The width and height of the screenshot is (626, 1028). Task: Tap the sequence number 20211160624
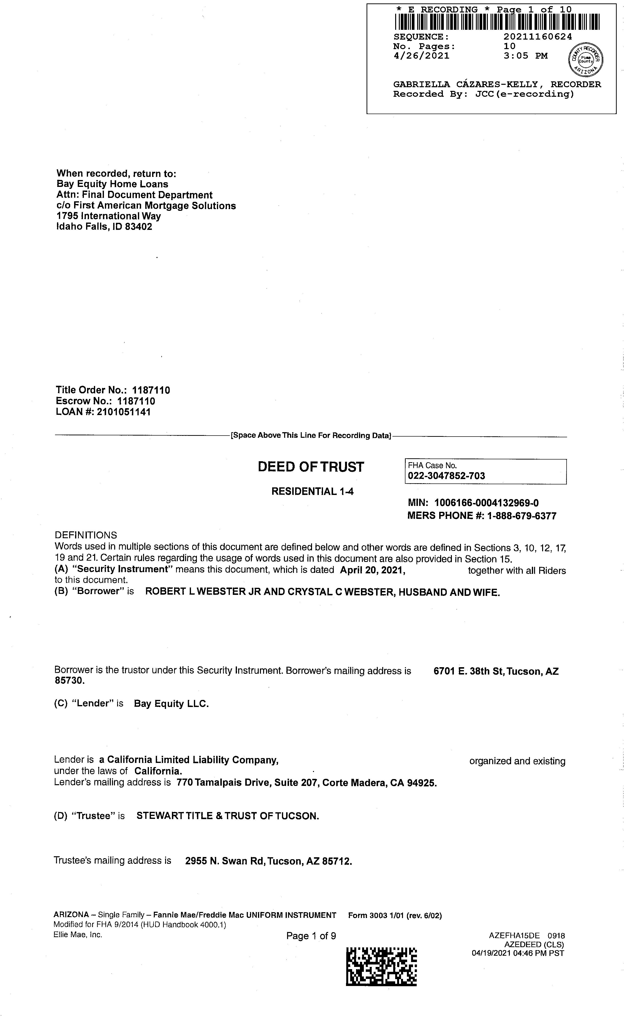click(x=537, y=37)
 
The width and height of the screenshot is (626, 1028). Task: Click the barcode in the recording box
click(x=497, y=22)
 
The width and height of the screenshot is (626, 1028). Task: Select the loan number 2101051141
click(x=124, y=412)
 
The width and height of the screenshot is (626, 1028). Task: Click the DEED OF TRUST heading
click(x=311, y=467)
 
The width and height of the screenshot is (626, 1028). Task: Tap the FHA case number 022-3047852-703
click(x=447, y=476)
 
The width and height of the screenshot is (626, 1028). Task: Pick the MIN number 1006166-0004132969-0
click(x=486, y=503)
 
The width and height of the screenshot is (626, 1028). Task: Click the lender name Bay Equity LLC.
click(x=171, y=704)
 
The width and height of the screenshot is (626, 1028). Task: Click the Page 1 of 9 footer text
click(x=311, y=936)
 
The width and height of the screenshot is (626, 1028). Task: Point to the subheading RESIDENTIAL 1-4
click(x=312, y=492)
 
